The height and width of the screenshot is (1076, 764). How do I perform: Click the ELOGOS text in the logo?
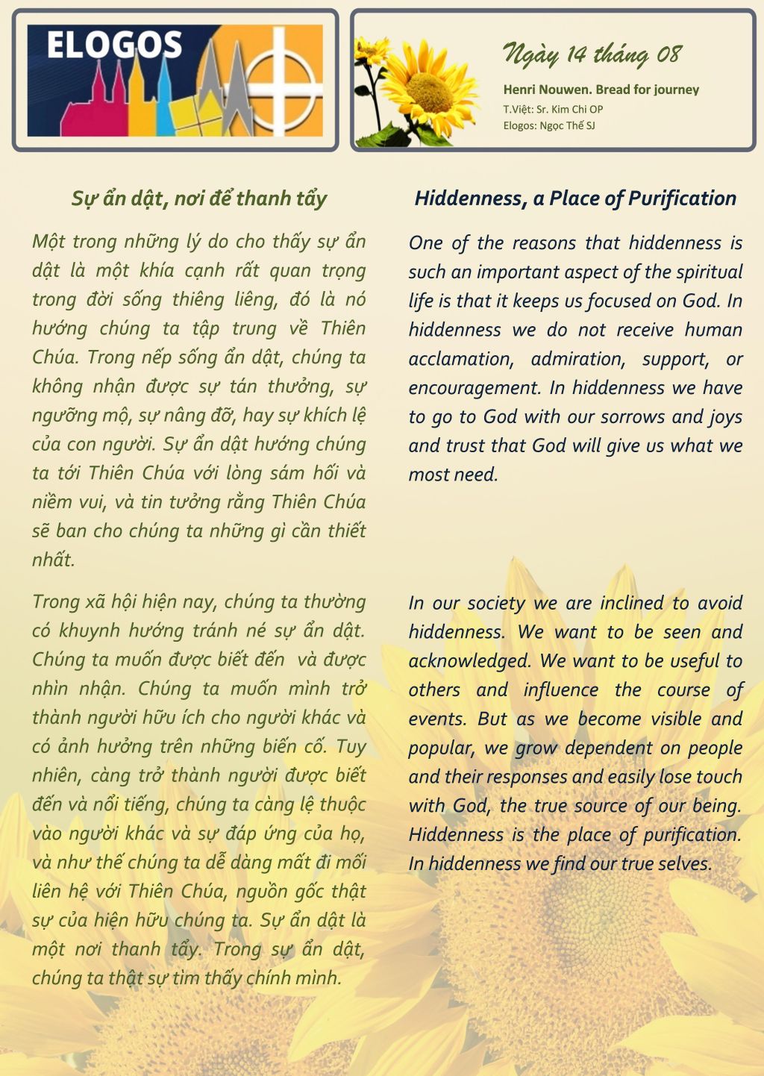(x=114, y=46)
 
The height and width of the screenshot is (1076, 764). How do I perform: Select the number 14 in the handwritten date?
(x=576, y=54)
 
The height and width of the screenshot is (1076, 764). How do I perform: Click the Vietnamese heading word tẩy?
(x=311, y=199)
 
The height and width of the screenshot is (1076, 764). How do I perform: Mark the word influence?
(x=560, y=690)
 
